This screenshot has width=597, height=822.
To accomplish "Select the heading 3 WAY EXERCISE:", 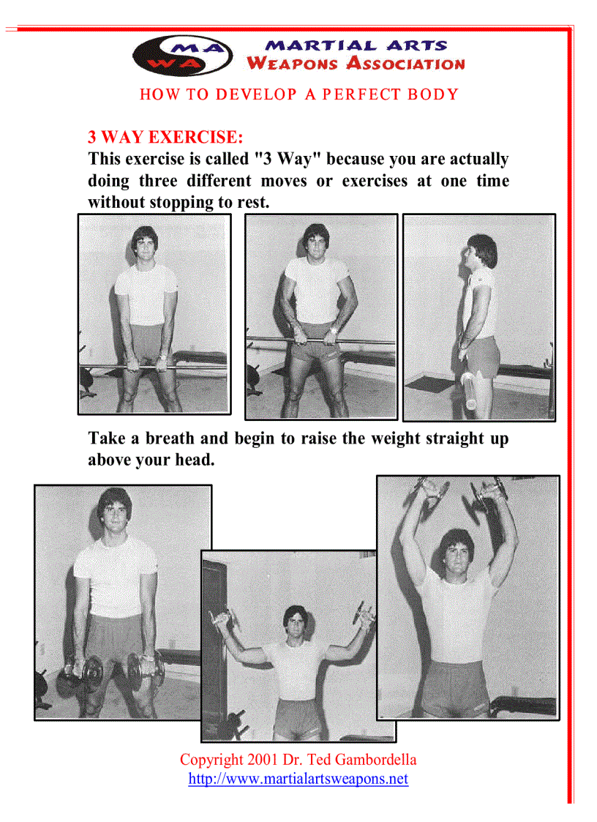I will pyautogui.click(x=165, y=137).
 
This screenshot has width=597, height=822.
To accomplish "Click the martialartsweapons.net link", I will pyautogui.click(x=298, y=779).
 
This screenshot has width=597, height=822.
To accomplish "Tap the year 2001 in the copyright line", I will pyautogui.click(x=263, y=760).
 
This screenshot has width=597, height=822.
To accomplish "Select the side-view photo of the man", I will pyautogui.click(x=479, y=317).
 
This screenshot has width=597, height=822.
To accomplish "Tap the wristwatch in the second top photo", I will pyautogui.click(x=334, y=330).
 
